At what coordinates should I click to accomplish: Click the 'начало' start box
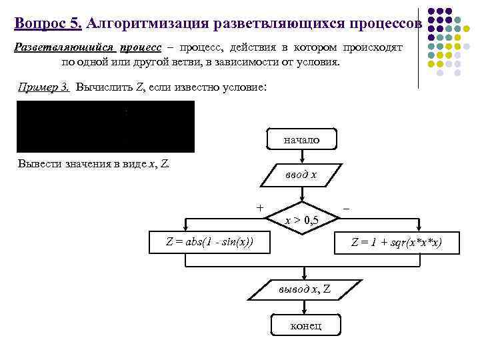coord(301,139)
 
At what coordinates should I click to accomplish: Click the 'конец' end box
coord(306,325)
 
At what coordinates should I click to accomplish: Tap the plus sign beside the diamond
coord(259,207)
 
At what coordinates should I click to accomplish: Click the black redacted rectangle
coord(105,127)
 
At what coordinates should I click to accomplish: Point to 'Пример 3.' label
coord(44,87)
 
